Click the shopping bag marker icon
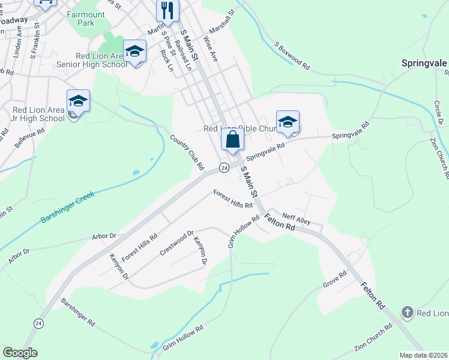tap(233, 140)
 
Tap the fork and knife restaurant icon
tap(167, 10)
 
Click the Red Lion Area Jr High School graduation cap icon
tap(78, 101)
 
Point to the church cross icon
tap(407, 313)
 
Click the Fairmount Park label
tap(94, 17)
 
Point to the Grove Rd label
tap(335, 280)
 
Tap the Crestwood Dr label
tap(176, 243)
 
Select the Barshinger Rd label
tap(78, 313)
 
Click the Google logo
tap(20, 353)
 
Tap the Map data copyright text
tap(423, 355)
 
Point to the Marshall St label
tap(220, 22)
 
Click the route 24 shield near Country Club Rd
tap(223, 168)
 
